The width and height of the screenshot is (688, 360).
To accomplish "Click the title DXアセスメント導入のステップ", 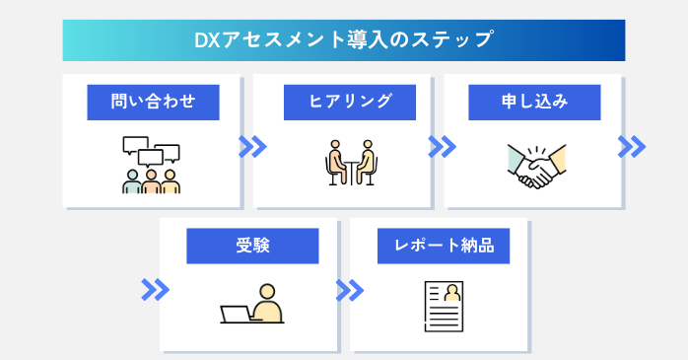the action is point(344,40).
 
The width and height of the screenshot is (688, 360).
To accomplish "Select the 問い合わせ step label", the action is point(153,101).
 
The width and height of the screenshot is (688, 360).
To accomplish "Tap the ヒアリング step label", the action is point(344,101).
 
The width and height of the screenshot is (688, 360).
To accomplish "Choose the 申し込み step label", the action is point(534,101).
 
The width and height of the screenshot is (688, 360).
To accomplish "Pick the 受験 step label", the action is point(252,246).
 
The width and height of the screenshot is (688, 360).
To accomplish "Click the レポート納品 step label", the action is point(444,246).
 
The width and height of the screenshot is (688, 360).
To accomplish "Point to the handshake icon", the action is point(536,167).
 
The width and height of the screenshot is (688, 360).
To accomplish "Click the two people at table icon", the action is point(350,163).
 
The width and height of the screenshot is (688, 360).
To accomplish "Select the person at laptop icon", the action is point(252,305).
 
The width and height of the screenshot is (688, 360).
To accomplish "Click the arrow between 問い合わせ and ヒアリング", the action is point(253,147).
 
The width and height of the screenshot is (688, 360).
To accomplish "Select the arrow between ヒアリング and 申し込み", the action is point(443,147).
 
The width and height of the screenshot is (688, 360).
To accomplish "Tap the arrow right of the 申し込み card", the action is point(631,147).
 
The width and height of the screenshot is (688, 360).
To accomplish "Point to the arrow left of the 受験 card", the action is point(155,290).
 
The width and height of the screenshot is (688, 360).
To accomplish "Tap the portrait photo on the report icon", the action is point(452,293).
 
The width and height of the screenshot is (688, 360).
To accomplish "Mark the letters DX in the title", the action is point(205,40).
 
